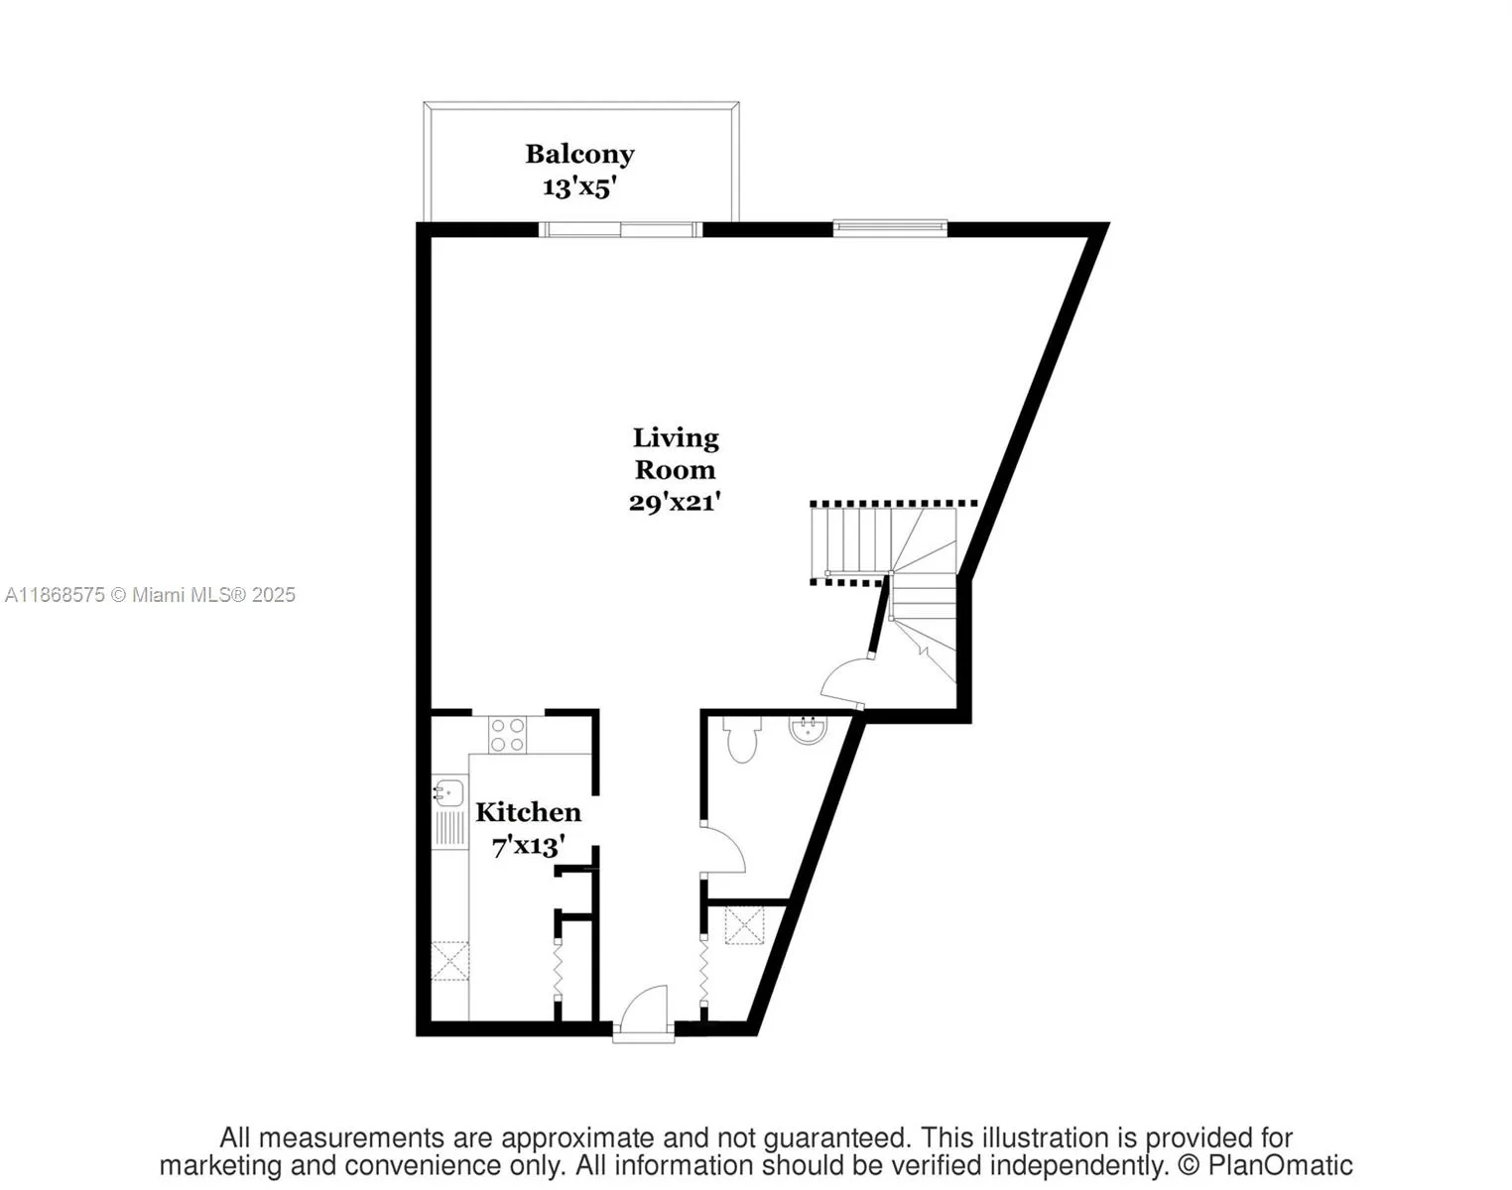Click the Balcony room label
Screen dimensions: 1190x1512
point(579,155)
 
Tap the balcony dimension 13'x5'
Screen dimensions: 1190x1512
point(579,186)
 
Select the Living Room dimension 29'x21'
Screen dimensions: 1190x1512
point(674,503)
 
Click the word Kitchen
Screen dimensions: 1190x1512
point(528,812)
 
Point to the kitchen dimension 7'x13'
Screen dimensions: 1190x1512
point(529,846)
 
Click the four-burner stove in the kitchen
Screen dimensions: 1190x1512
point(507,735)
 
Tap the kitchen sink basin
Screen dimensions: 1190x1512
point(448,793)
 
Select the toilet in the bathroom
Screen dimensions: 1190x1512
point(742,740)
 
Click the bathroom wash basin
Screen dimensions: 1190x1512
point(809,731)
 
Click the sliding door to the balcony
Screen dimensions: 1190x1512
point(620,230)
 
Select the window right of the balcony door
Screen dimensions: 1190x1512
point(890,228)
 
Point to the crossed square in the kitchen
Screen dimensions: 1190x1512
point(449,961)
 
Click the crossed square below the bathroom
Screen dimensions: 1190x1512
point(744,925)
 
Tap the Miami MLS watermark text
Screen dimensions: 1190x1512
point(151,595)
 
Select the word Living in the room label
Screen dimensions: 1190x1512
point(676,437)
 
